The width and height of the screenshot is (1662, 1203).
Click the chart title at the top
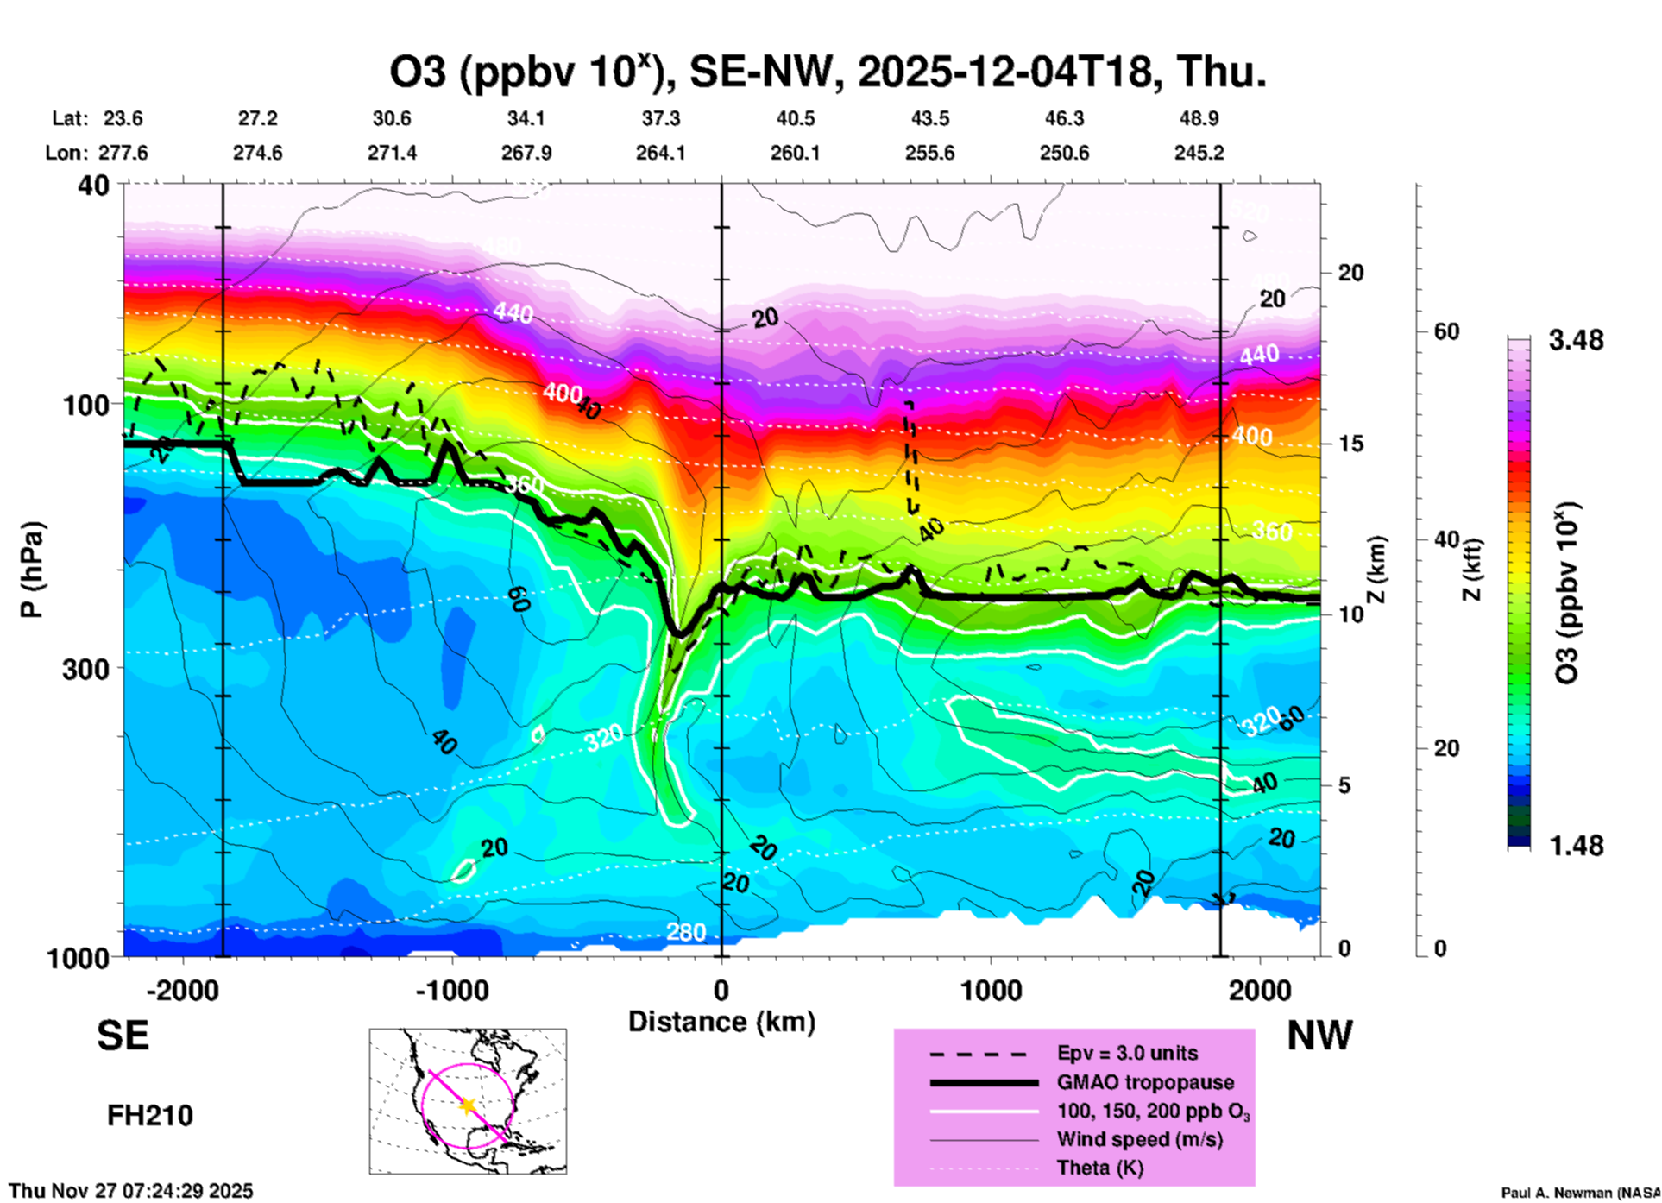(x=828, y=72)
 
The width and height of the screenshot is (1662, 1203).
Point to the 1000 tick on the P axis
(x=80, y=958)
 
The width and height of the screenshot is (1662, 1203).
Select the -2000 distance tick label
(x=182, y=990)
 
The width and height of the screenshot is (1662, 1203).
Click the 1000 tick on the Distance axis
(x=991, y=990)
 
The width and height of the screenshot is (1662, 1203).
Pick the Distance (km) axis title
(x=721, y=1022)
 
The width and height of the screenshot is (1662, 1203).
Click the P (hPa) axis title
(x=32, y=570)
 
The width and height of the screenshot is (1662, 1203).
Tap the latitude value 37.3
(x=661, y=118)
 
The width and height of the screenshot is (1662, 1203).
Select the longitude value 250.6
(x=1064, y=153)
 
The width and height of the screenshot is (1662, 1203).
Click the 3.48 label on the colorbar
(x=1576, y=341)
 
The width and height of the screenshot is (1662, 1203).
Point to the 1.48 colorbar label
(x=1576, y=846)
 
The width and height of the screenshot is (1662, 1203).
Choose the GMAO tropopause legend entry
(x=1145, y=1082)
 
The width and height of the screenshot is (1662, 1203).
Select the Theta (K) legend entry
(x=1099, y=1168)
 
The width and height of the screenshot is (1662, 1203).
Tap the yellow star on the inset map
(x=468, y=1105)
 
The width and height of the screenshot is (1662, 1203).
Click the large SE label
(x=123, y=1036)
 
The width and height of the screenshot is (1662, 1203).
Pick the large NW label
(x=1319, y=1036)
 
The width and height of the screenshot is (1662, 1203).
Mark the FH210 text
(x=149, y=1116)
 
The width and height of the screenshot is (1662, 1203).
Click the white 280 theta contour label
(x=686, y=932)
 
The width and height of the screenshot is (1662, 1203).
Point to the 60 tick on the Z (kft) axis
(x=1446, y=331)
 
